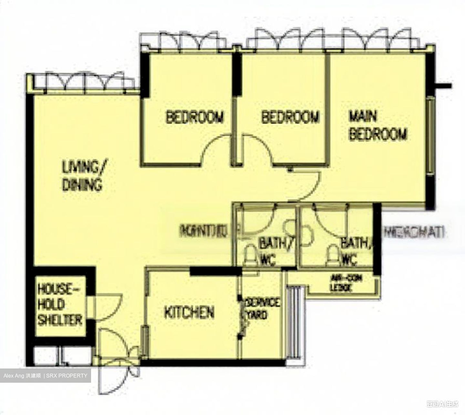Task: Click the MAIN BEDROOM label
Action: (377, 125)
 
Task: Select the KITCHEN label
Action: (189, 313)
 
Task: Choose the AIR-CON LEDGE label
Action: (341, 283)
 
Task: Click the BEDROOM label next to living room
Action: (194, 117)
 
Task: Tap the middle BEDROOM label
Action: (290, 117)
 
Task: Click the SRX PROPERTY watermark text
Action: (67, 376)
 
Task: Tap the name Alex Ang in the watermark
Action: (14, 376)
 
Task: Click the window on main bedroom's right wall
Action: (430, 136)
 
